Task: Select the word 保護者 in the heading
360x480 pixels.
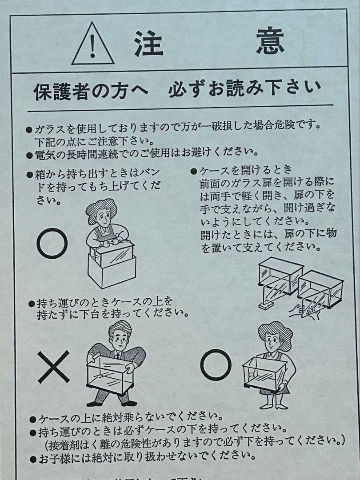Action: click(x=58, y=91)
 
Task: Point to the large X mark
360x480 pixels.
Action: click(x=53, y=366)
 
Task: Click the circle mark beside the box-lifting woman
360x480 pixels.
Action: click(x=52, y=243)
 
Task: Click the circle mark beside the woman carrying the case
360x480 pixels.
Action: click(x=216, y=364)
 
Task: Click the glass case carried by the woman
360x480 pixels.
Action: click(x=264, y=373)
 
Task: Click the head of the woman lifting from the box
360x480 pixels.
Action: click(x=102, y=216)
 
